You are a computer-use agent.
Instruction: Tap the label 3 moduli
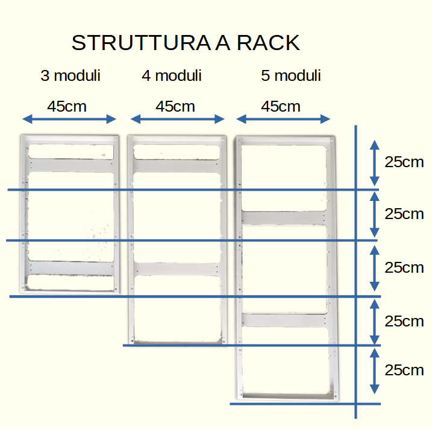point(70,76)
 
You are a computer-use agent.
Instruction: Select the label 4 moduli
point(172,76)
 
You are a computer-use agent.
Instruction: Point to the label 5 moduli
point(291,76)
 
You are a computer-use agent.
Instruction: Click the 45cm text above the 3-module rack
point(67,107)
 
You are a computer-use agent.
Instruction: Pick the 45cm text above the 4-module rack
point(175,107)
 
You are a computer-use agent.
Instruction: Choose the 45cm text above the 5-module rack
point(281,107)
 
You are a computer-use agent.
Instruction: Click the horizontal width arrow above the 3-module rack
point(69,119)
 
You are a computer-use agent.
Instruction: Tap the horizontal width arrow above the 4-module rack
point(177,119)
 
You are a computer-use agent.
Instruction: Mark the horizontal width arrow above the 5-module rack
point(283,118)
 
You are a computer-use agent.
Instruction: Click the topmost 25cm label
point(404,162)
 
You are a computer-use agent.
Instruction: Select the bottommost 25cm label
point(404,370)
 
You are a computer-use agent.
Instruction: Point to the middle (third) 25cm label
point(404,267)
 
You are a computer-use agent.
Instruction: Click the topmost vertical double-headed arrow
point(374,162)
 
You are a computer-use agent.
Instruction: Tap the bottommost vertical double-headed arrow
point(374,370)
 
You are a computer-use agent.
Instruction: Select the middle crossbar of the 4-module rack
point(176,269)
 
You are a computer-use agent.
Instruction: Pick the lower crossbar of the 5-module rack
point(284,320)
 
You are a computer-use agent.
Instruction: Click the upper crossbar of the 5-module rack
point(284,218)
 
